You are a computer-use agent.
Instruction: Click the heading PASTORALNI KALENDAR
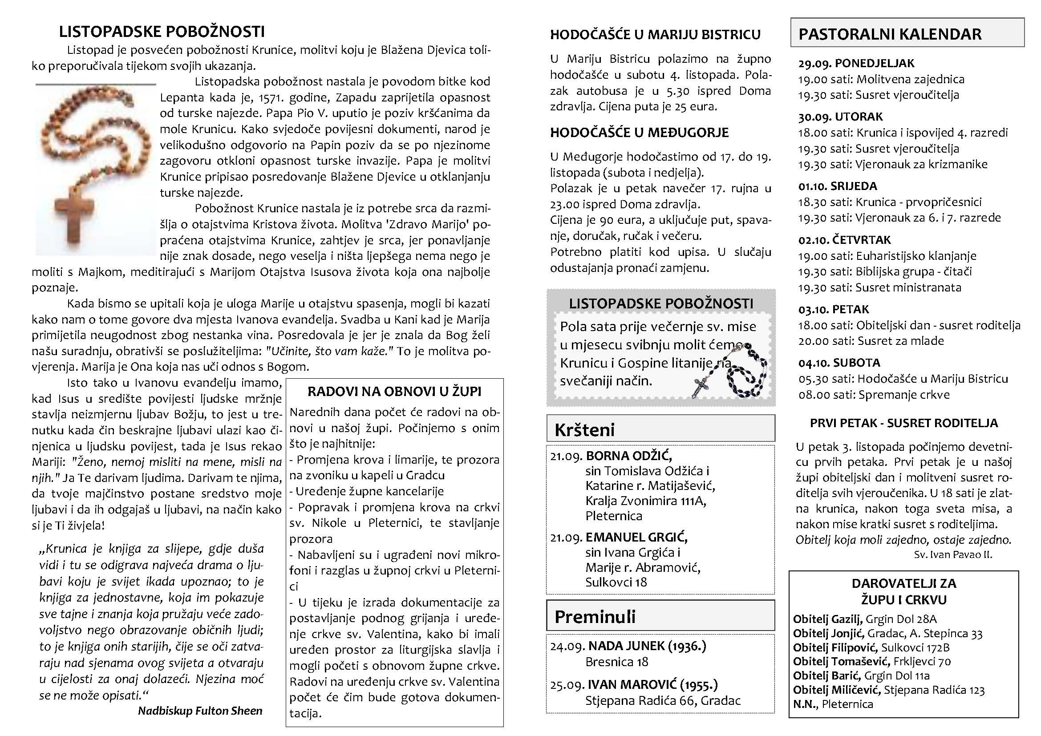[890, 34]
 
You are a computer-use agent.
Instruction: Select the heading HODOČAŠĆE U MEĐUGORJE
[639, 133]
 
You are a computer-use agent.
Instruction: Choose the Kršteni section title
[584, 429]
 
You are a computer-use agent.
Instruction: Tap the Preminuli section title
[595, 616]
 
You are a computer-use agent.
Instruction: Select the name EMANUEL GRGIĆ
[636, 537]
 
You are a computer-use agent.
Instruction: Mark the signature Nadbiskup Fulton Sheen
[200, 711]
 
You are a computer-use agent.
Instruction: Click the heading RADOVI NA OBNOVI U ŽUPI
[394, 392]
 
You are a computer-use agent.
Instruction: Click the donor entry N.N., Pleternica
[826, 704]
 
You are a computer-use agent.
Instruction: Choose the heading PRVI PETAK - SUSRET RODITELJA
[903, 423]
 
